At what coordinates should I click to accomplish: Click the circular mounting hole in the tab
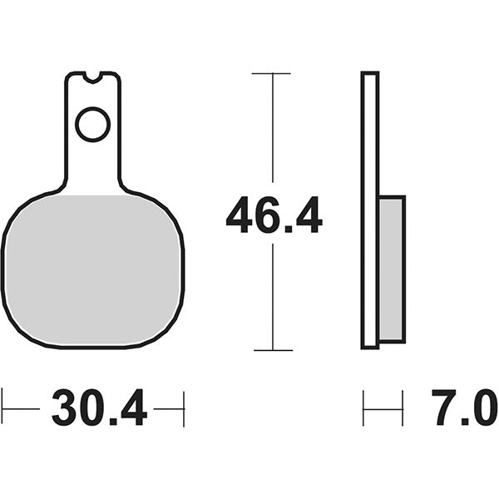click(x=92, y=125)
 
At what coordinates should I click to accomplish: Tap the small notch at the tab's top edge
click(x=92, y=77)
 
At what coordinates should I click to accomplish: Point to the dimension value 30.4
click(x=99, y=408)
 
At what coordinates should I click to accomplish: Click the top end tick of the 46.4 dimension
click(x=272, y=73)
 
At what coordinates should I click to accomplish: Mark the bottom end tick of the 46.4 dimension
click(x=272, y=350)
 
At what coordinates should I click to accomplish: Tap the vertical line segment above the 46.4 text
click(x=272, y=133)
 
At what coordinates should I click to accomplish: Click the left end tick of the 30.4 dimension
click(x=2, y=408)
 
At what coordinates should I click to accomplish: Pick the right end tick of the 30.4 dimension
click(x=183, y=408)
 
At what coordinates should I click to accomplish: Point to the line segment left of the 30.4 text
click(x=22, y=408)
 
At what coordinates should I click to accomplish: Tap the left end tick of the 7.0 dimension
click(x=363, y=408)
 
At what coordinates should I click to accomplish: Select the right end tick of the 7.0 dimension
click(x=403, y=408)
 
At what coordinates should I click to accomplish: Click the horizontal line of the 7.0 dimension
click(x=383, y=408)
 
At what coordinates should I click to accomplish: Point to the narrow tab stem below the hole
click(x=92, y=166)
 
